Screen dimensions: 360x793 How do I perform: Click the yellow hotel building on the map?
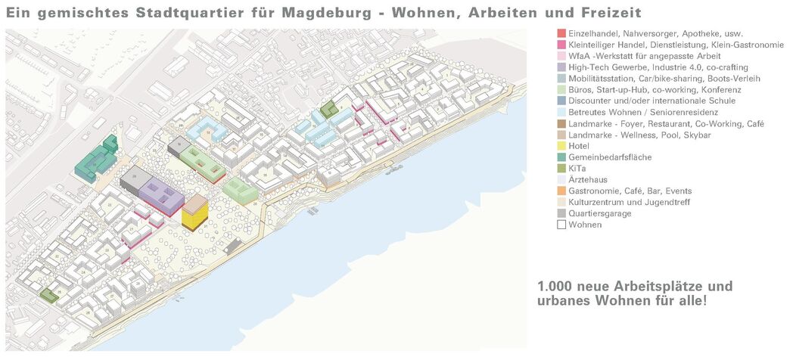[x=193, y=218]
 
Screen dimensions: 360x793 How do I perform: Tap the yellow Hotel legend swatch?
[x=561, y=146]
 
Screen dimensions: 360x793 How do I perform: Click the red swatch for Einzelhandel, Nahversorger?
[x=561, y=34]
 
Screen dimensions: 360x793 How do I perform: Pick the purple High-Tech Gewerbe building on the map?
[x=160, y=192]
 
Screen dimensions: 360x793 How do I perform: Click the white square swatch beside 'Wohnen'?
[x=561, y=225]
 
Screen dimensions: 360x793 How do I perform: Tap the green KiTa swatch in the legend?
[x=561, y=169]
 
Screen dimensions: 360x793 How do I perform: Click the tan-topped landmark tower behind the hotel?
[x=195, y=203]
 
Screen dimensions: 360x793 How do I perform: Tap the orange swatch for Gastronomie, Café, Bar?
[x=561, y=191]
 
